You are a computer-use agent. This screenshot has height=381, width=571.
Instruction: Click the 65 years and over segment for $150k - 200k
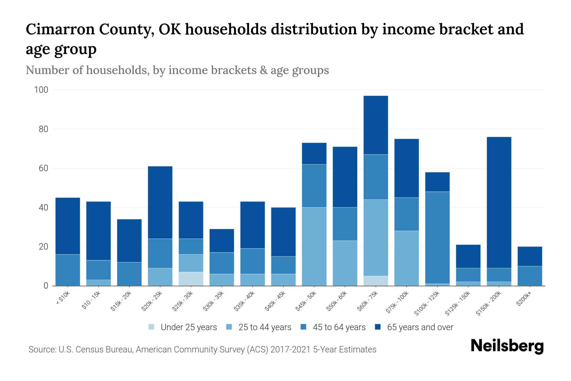499,202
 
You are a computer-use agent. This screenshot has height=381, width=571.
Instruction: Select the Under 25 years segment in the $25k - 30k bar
191,279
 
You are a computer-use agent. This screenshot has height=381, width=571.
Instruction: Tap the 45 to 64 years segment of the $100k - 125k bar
437,237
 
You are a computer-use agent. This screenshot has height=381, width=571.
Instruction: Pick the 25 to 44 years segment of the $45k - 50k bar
314,246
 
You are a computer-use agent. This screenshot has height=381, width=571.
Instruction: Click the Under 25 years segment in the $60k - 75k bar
376,281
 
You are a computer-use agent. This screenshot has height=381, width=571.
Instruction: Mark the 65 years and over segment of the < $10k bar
68,226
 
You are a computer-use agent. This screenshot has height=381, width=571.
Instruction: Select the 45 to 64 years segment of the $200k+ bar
529,276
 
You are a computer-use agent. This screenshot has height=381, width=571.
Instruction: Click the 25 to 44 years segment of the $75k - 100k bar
406,258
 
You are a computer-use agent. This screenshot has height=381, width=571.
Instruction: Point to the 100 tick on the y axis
41,90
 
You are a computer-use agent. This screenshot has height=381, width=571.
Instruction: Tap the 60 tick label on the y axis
43,169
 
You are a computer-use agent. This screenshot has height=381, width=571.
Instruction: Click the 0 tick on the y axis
46,286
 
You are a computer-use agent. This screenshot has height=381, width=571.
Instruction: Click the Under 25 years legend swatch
152,327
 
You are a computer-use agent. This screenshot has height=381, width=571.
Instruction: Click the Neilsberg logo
507,346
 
